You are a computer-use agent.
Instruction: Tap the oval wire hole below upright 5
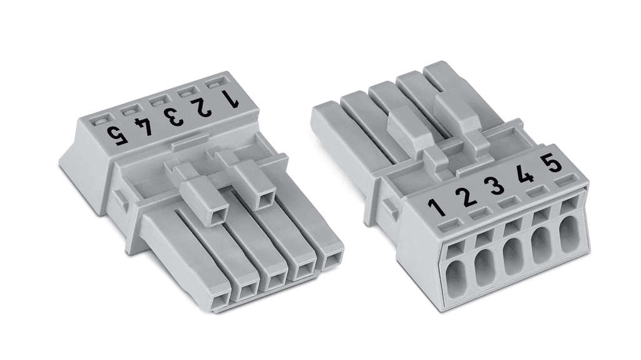coord(570,235)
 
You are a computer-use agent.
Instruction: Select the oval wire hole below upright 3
coord(513,257)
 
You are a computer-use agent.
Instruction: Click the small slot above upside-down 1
coord(215,83)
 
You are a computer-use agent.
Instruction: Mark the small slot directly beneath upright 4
coord(536,193)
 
